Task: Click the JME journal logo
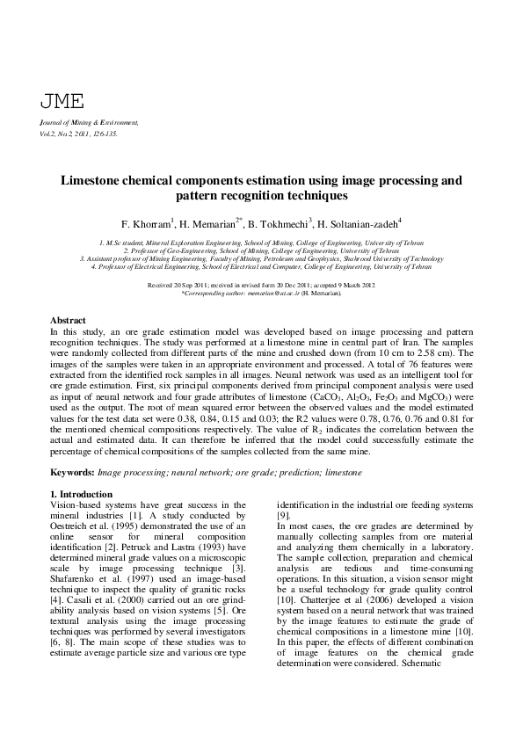coord(59,100)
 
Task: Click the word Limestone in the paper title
coord(93,181)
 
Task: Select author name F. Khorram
coord(147,222)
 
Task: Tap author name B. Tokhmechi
coord(280,222)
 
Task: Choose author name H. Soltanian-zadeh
coord(358,222)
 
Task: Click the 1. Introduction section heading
coord(82,494)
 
